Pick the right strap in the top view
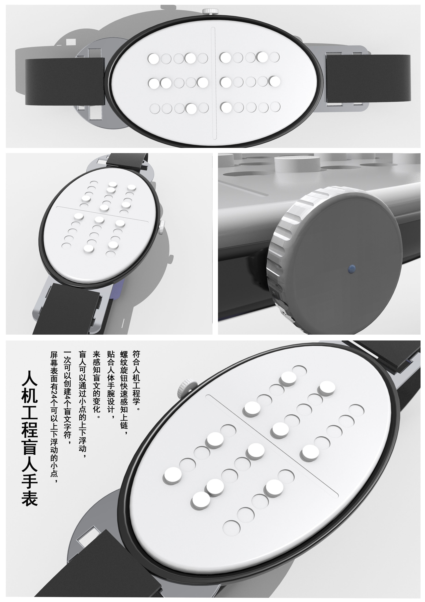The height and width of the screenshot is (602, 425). pos(368,78)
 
